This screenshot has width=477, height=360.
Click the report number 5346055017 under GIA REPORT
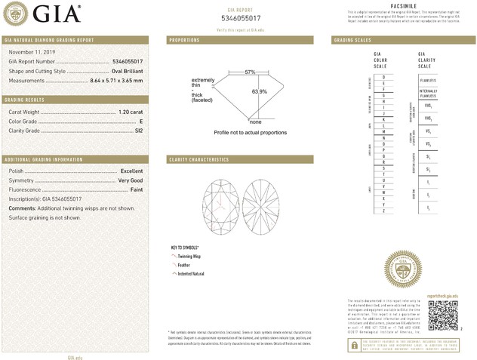pos(241,17)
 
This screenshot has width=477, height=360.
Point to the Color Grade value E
pos(141,121)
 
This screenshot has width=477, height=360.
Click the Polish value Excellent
pos(131,171)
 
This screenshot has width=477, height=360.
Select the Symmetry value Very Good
pos(130,181)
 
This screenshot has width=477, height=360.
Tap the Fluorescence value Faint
pos(136,190)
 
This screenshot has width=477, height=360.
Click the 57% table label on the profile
pos(250,72)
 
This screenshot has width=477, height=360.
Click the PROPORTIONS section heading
pos(184,39)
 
